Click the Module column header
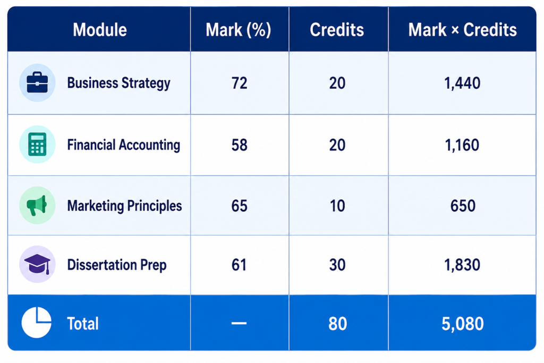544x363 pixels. point(100,30)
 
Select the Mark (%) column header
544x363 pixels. point(239,30)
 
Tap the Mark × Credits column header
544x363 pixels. point(463,30)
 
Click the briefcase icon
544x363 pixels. point(37,82)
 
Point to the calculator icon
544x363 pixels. point(37,144)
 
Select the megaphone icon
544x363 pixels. point(37,205)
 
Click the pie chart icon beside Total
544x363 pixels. point(37,323)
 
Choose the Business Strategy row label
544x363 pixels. point(118,83)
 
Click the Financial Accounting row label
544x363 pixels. point(123,145)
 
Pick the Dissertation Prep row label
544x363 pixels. point(117,265)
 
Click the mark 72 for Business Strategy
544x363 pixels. point(240,83)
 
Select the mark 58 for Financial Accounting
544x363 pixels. point(240,145)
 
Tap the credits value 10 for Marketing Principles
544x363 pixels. point(337,206)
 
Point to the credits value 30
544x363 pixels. point(337,265)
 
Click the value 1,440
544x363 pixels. point(463,83)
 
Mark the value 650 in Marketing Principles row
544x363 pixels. point(463,206)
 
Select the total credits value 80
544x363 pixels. point(337,324)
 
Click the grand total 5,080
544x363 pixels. point(463,324)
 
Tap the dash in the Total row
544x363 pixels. point(239,324)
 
